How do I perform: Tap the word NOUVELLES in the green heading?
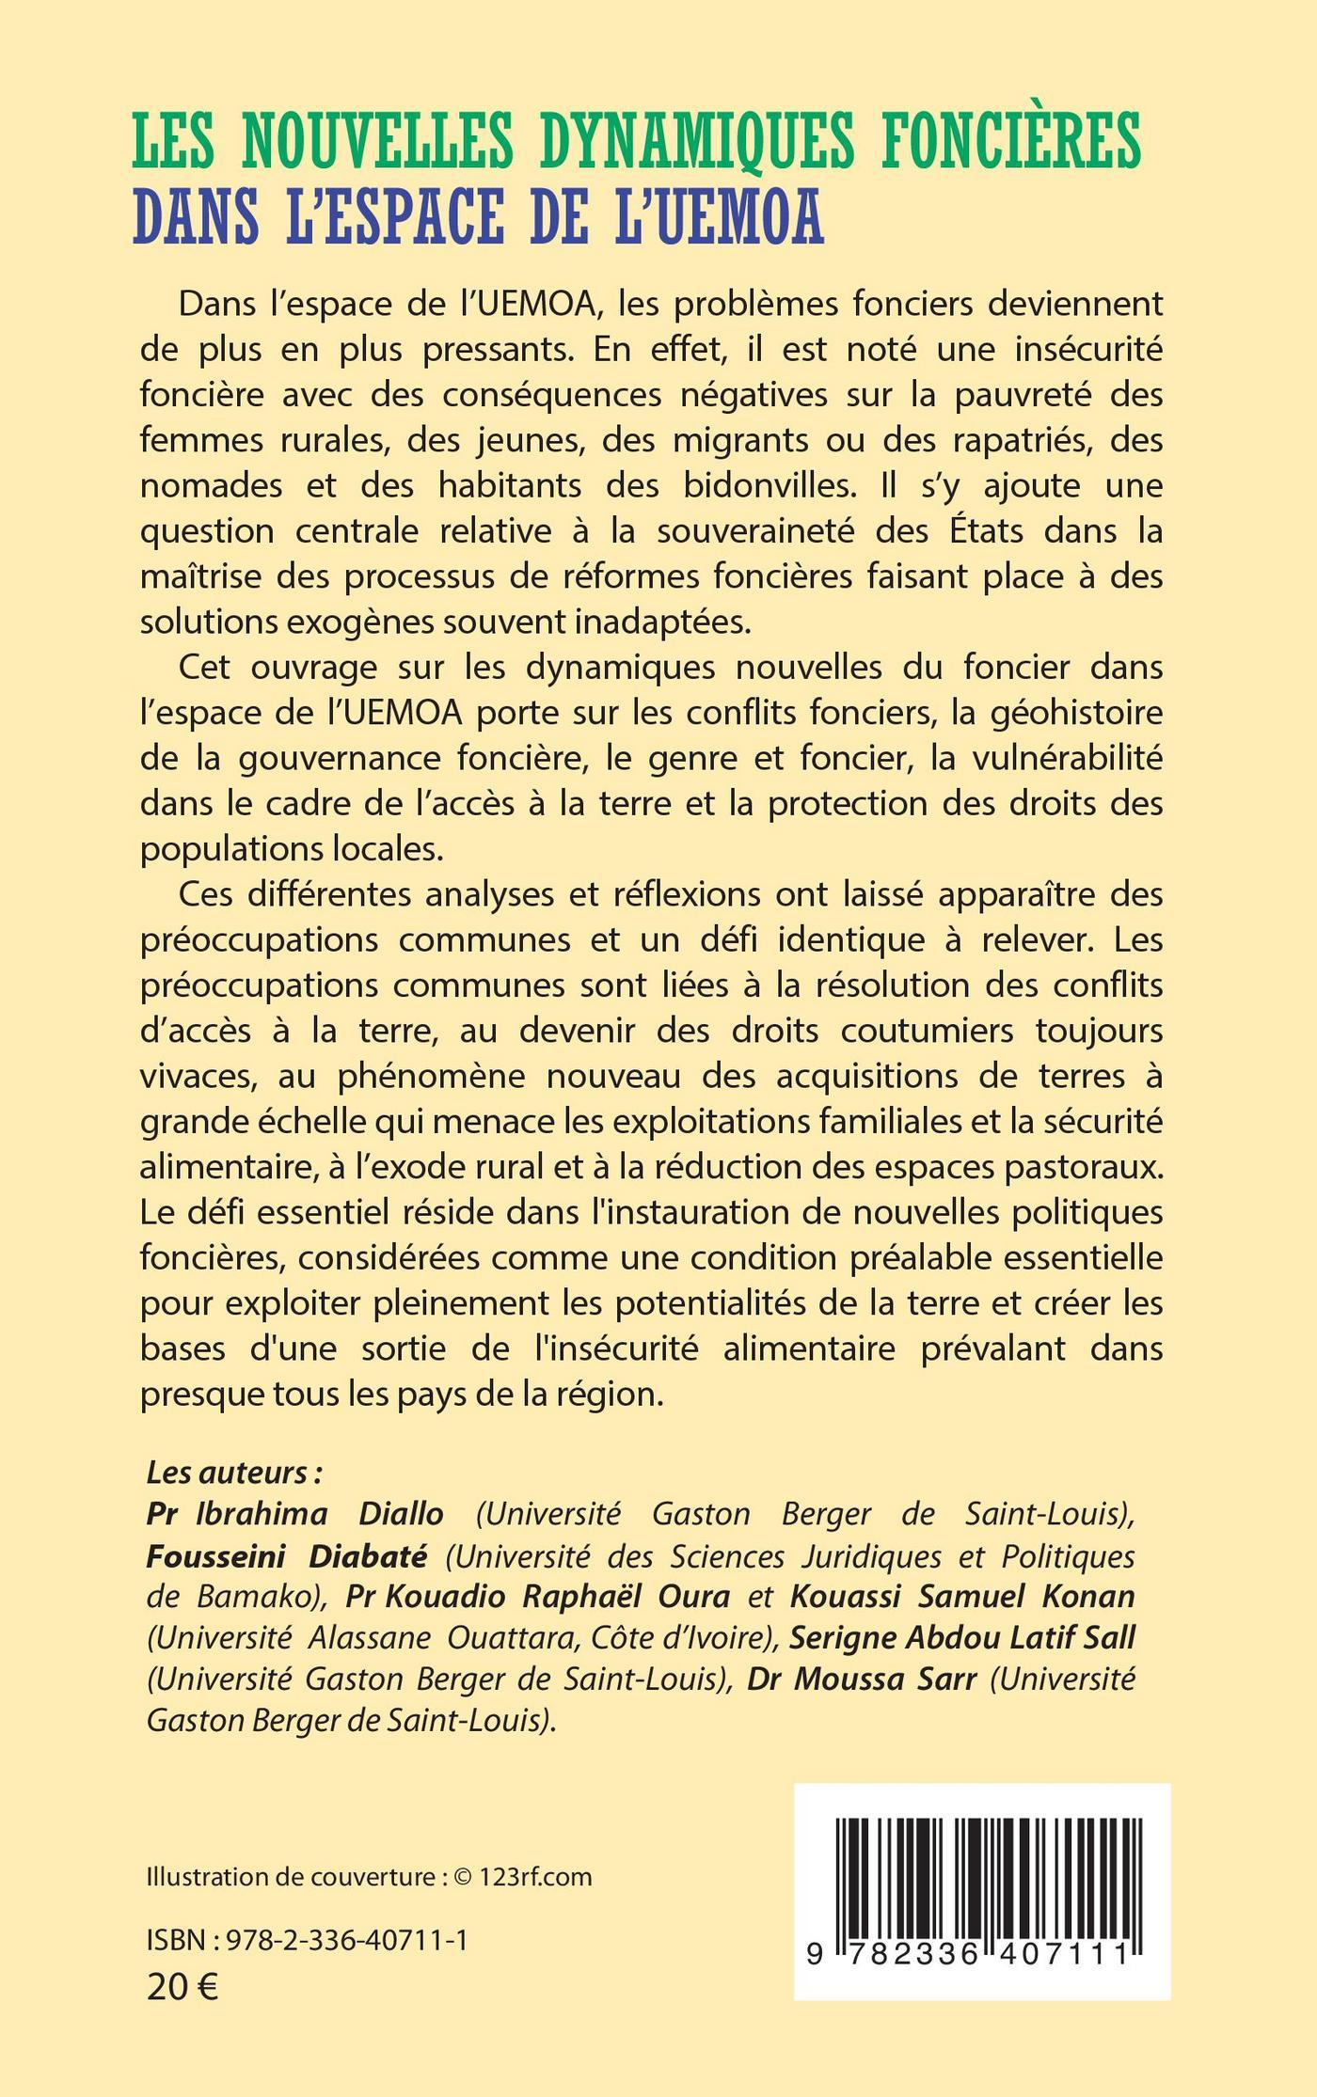pyautogui.click(x=377, y=140)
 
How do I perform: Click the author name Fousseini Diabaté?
pyautogui.click(x=287, y=1555)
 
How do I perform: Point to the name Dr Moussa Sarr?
pyautogui.click(x=862, y=1679)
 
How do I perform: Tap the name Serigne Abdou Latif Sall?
pyautogui.click(x=962, y=1638)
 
